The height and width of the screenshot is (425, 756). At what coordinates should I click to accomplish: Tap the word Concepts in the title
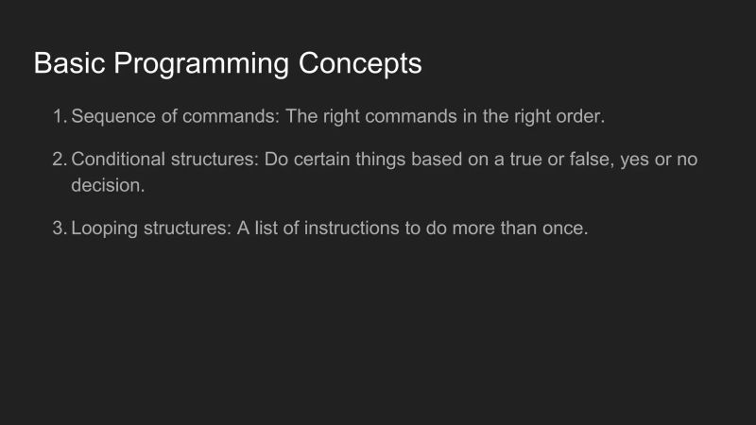360,65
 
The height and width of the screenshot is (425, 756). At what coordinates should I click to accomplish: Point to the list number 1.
59,117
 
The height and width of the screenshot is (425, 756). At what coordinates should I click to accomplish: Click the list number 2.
59,160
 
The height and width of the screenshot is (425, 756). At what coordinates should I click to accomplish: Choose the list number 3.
59,229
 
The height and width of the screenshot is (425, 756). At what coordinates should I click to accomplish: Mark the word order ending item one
580,117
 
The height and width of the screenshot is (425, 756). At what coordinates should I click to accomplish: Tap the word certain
326,160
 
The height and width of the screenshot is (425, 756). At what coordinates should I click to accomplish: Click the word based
454,160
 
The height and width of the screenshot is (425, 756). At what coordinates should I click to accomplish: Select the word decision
108,185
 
